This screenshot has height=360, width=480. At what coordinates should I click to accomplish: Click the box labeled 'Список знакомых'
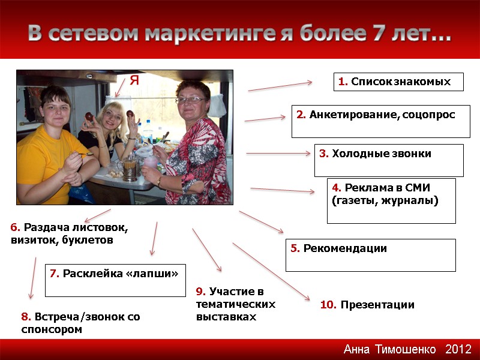[x=398, y=82]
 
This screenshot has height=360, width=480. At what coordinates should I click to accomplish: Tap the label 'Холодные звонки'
[x=389, y=160]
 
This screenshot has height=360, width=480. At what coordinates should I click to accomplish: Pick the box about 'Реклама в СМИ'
[x=391, y=200]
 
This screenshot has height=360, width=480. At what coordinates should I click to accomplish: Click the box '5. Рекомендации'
[x=370, y=254]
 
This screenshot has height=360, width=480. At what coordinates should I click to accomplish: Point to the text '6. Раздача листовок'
[x=70, y=228]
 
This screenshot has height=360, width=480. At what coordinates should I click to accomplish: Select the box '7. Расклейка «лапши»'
[x=115, y=280]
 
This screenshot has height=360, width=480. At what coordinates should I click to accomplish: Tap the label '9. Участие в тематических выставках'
[x=235, y=304]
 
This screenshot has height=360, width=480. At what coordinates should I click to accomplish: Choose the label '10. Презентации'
[x=367, y=305]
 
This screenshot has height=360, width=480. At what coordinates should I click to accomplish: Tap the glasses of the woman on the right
[x=191, y=100]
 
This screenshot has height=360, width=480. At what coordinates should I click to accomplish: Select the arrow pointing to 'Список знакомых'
[x=281, y=86]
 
